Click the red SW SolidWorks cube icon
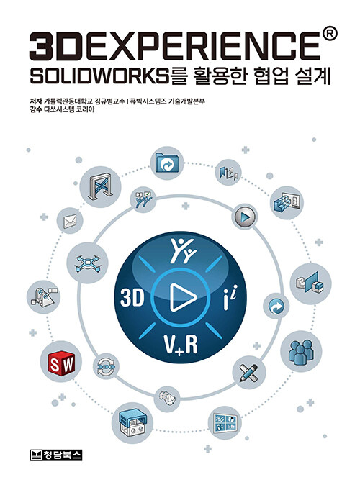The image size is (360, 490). pos(61,363)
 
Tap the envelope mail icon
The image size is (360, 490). pos(70,222)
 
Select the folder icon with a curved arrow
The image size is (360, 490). pos(167,163)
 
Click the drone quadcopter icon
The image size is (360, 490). pos(87,263)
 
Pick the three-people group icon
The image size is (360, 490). pos(300,352)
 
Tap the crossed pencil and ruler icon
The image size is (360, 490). pos(248,373)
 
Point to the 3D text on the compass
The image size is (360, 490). pos(132,298)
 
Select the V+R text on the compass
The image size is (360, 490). pos(181,345)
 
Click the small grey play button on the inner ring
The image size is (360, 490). pos(245,217)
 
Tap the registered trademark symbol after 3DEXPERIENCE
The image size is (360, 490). pos(329,34)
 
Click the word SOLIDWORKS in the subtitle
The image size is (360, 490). pos(99,76)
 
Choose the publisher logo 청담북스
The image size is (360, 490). pos(56,455)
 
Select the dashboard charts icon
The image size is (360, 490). pos(225,423)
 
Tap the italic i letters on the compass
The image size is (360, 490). pos(230,297)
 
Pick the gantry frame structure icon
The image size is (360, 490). pos(101,186)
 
